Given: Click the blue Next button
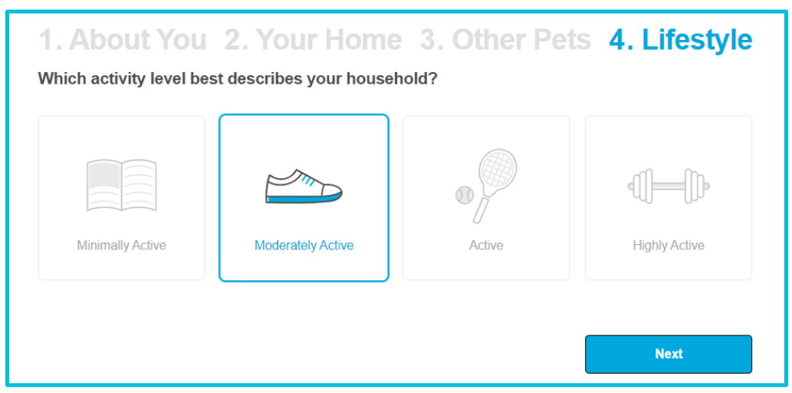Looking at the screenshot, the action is point(669,354).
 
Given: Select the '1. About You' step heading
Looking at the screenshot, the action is point(123,40).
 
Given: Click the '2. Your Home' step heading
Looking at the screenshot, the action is point(313,40).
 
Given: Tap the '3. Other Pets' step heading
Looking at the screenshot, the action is point(505,40).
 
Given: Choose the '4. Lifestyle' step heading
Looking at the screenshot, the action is point(680,40).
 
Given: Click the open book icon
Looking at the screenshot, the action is point(122,185).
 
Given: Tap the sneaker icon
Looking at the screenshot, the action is point(304,187).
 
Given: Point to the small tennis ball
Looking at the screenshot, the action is point(464,195).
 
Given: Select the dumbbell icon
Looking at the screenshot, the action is point(669,186).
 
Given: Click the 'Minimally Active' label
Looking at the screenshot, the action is point(122,246).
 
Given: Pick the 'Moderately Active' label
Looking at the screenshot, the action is point(304,246).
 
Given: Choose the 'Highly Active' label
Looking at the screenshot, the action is point(669,246).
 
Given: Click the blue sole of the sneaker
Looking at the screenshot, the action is point(303,198).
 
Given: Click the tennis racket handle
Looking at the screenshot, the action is point(481,207).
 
